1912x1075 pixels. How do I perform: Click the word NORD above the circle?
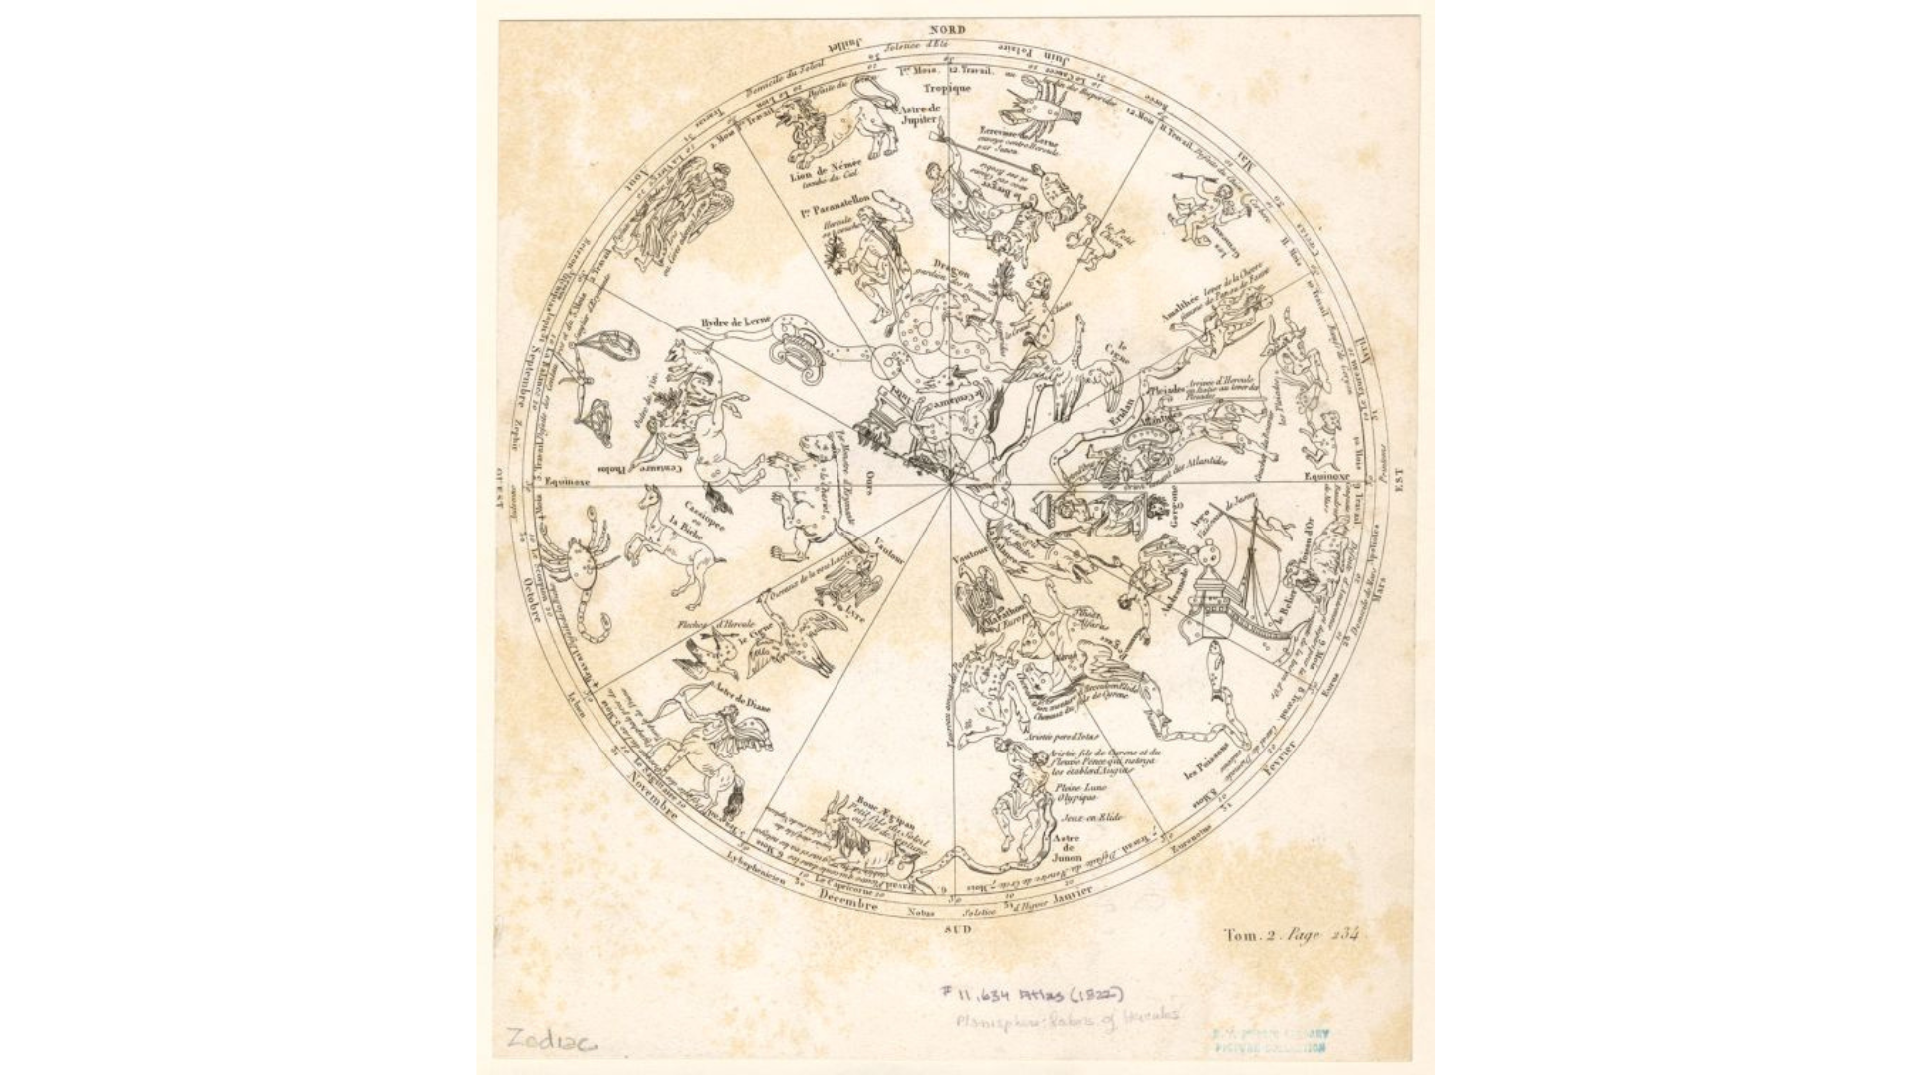[x=948, y=30]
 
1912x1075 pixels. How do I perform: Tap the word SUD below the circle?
[x=955, y=928]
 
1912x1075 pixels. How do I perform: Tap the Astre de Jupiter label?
[x=918, y=113]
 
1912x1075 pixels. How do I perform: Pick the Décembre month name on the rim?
[x=847, y=901]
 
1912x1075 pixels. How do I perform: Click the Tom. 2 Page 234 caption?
[x=1291, y=935]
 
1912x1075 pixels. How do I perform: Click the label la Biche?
[x=685, y=529]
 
